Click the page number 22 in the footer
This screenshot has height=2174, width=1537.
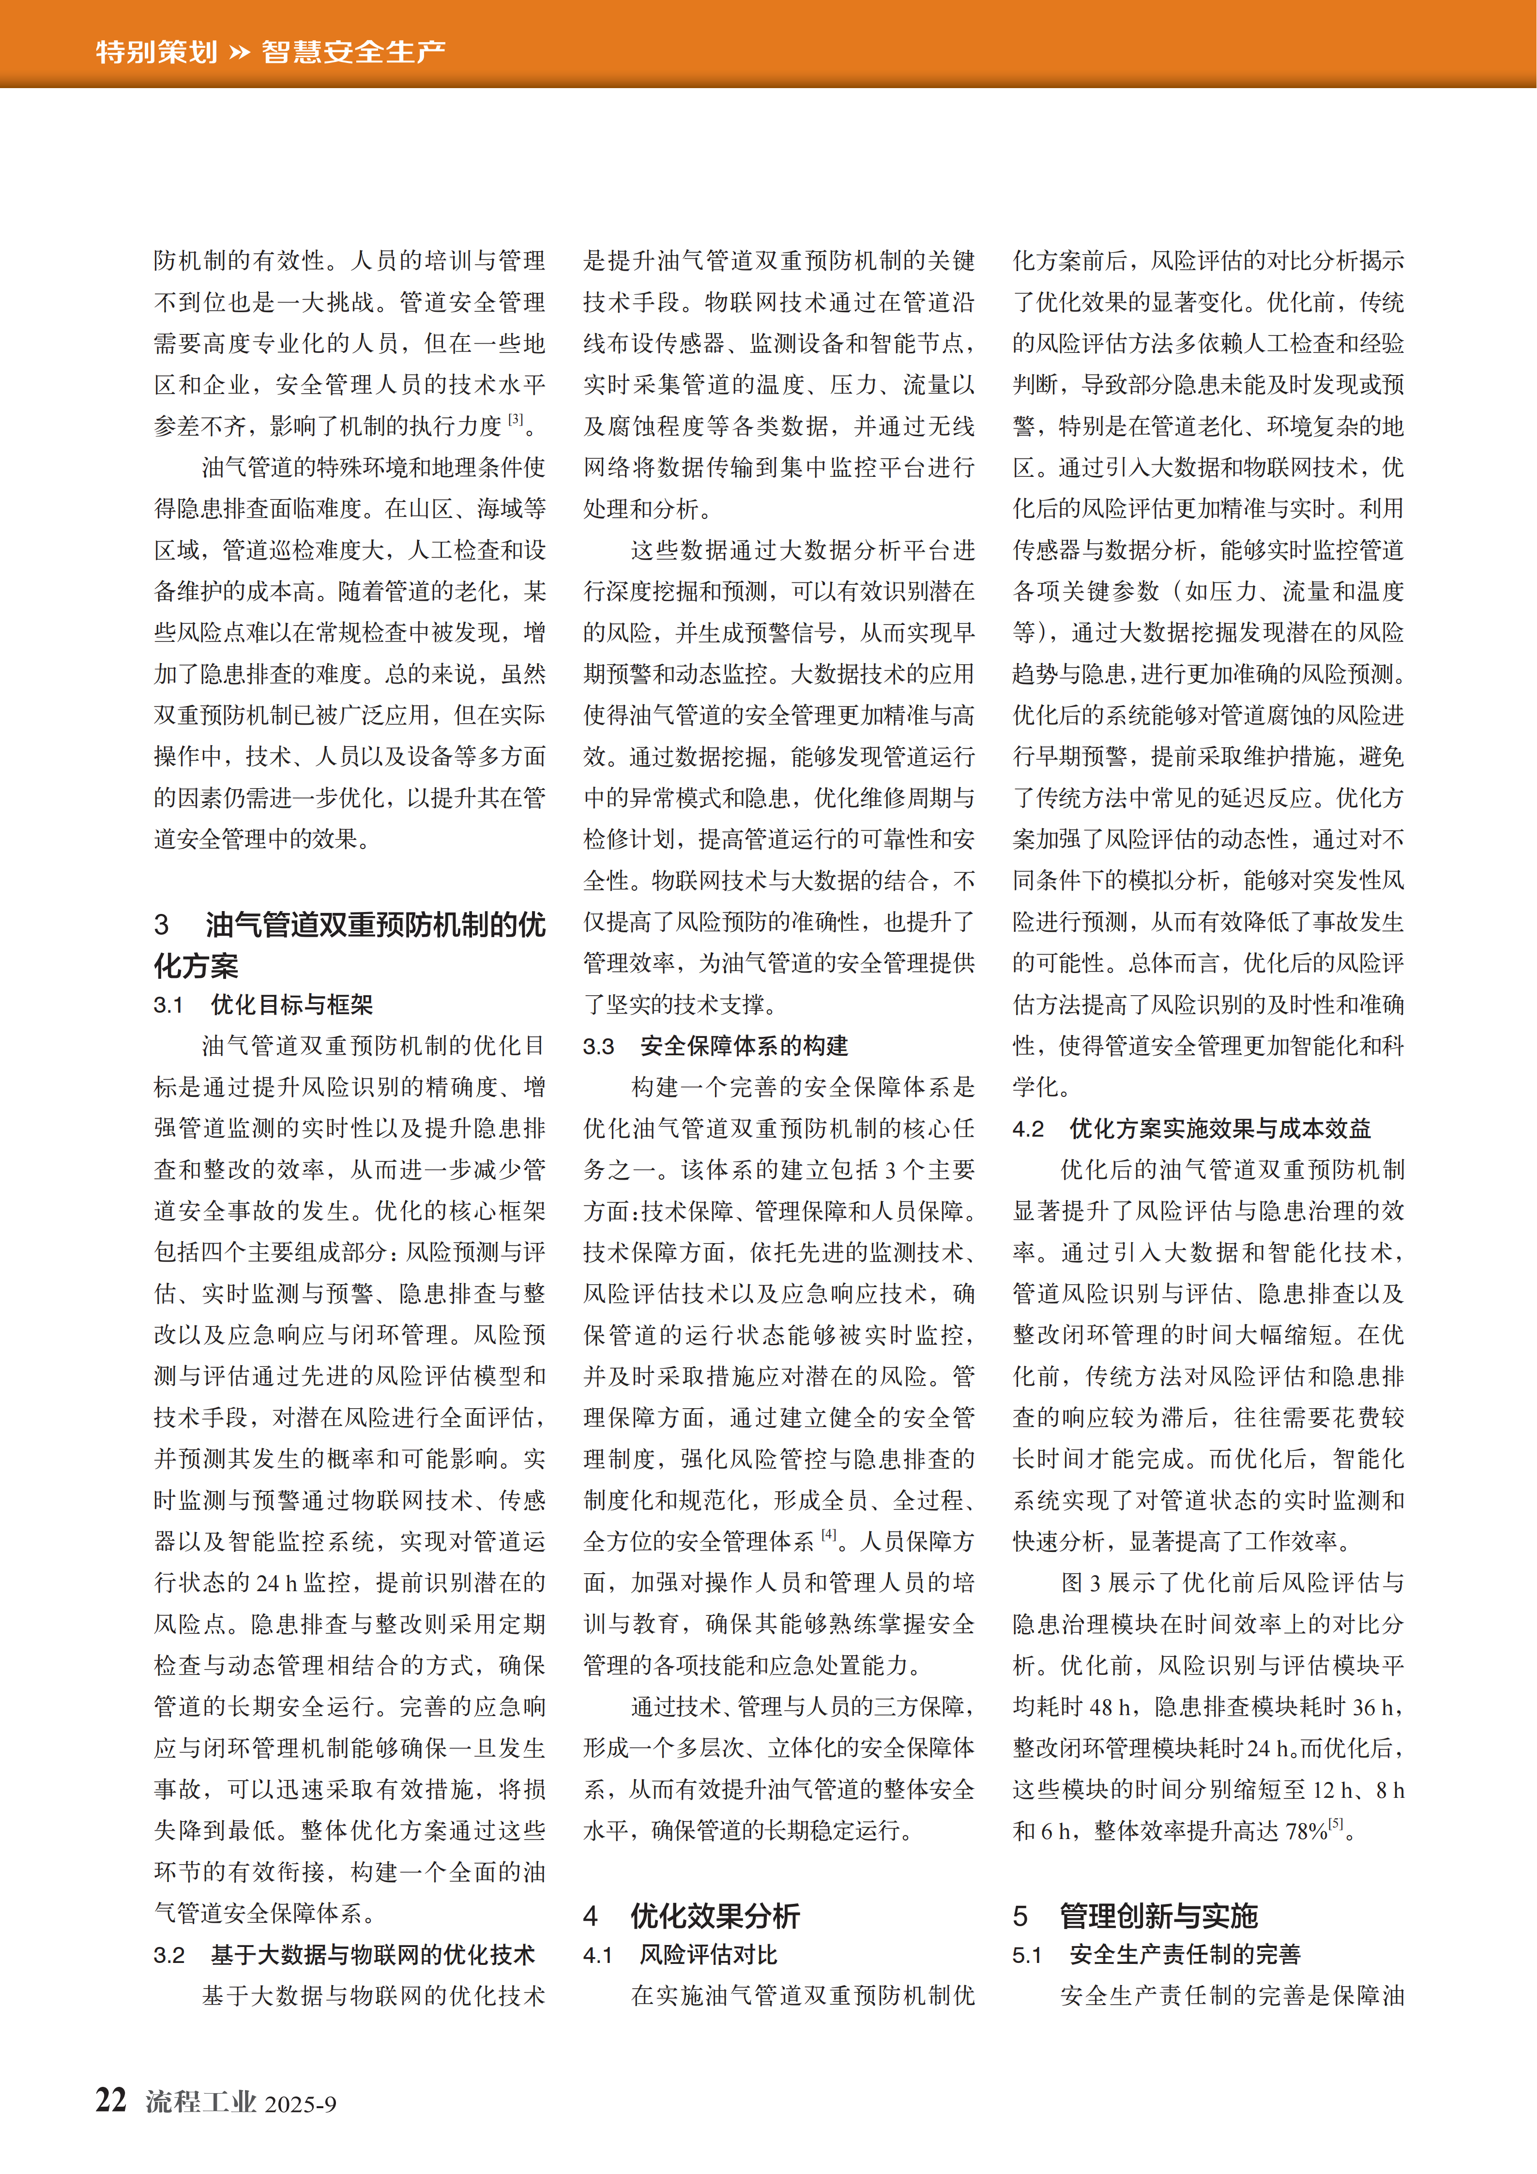click(x=111, y=2100)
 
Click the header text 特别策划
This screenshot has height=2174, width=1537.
click(x=156, y=51)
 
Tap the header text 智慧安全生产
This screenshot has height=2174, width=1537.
click(x=353, y=51)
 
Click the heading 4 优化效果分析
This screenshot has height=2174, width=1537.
click(x=691, y=1916)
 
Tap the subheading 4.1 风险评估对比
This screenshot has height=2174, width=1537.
click(x=680, y=1955)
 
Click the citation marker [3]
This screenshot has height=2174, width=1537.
click(x=515, y=420)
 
